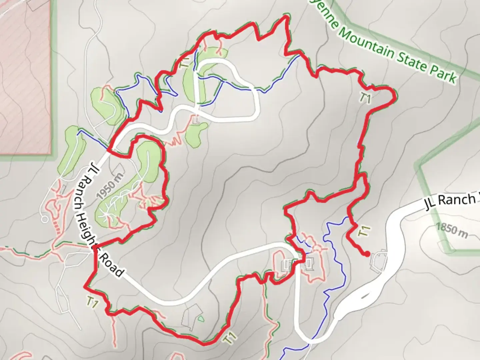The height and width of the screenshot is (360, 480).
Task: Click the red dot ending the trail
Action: pyautogui.click(x=367, y=254)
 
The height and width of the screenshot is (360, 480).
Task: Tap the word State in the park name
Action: pyautogui.click(x=411, y=60)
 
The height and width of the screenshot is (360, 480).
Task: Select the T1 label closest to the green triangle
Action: pyautogui.click(x=229, y=338)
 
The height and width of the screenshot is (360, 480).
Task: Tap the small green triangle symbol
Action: pyautogui.click(x=200, y=319)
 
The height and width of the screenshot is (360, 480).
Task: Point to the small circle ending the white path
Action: pyautogui.click(x=44, y=219)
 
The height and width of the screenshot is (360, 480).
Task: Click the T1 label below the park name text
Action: pyautogui.click(x=366, y=98)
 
